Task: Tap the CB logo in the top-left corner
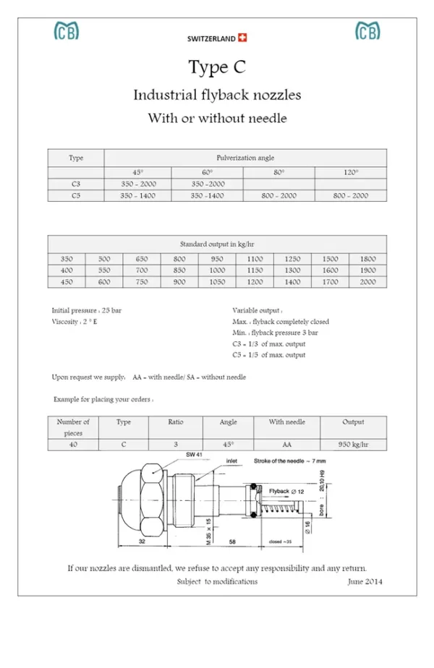click(x=67, y=31)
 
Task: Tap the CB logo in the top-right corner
click(x=367, y=31)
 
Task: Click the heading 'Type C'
click(x=217, y=67)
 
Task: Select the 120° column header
click(x=351, y=172)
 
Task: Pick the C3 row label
click(x=76, y=184)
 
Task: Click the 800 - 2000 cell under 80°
click(x=278, y=195)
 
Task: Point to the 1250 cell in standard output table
click(x=292, y=259)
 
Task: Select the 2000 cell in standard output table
click(x=367, y=282)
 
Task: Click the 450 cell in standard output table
click(x=67, y=282)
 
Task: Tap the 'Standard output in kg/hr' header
click(x=217, y=244)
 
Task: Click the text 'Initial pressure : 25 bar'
click(x=87, y=310)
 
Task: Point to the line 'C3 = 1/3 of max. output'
click(x=269, y=343)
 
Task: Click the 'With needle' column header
click(x=286, y=422)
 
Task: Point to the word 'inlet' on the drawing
click(x=231, y=460)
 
